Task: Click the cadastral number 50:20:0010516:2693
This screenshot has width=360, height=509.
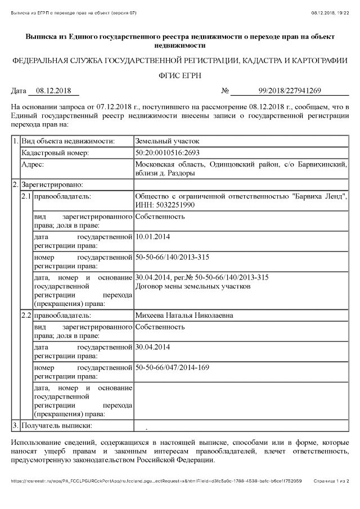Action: [x=168, y=152]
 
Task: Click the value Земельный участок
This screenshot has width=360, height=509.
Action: [x=167, y=141]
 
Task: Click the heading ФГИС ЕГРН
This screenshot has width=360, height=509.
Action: [x=179, y=75]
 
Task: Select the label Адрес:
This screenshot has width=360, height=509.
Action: [x=33, y=164]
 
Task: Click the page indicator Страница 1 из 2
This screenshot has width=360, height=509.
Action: [x=331, y=481]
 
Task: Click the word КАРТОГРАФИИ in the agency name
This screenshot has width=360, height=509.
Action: [x=316, y=60]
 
